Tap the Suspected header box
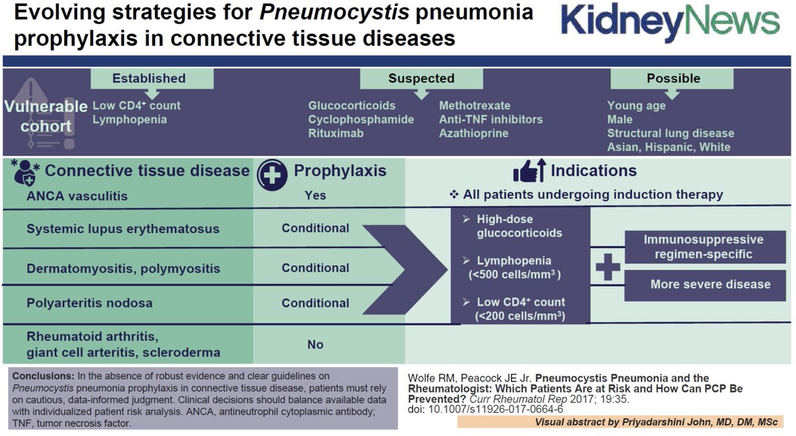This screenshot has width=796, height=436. click(421, 78)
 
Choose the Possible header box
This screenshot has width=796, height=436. click(673, 78)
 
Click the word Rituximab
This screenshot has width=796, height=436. click(336, 133)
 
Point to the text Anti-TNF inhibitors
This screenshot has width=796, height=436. click(490, 119)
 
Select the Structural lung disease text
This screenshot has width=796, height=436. click(671, 133)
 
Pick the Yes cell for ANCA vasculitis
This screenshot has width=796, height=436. click(316, 195)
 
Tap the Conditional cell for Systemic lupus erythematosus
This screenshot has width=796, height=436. click(315, 228)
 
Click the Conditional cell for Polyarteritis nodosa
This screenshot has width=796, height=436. click(315, 303)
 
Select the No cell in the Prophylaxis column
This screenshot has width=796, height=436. click(316, 344)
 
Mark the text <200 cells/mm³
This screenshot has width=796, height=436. click(520, 316)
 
